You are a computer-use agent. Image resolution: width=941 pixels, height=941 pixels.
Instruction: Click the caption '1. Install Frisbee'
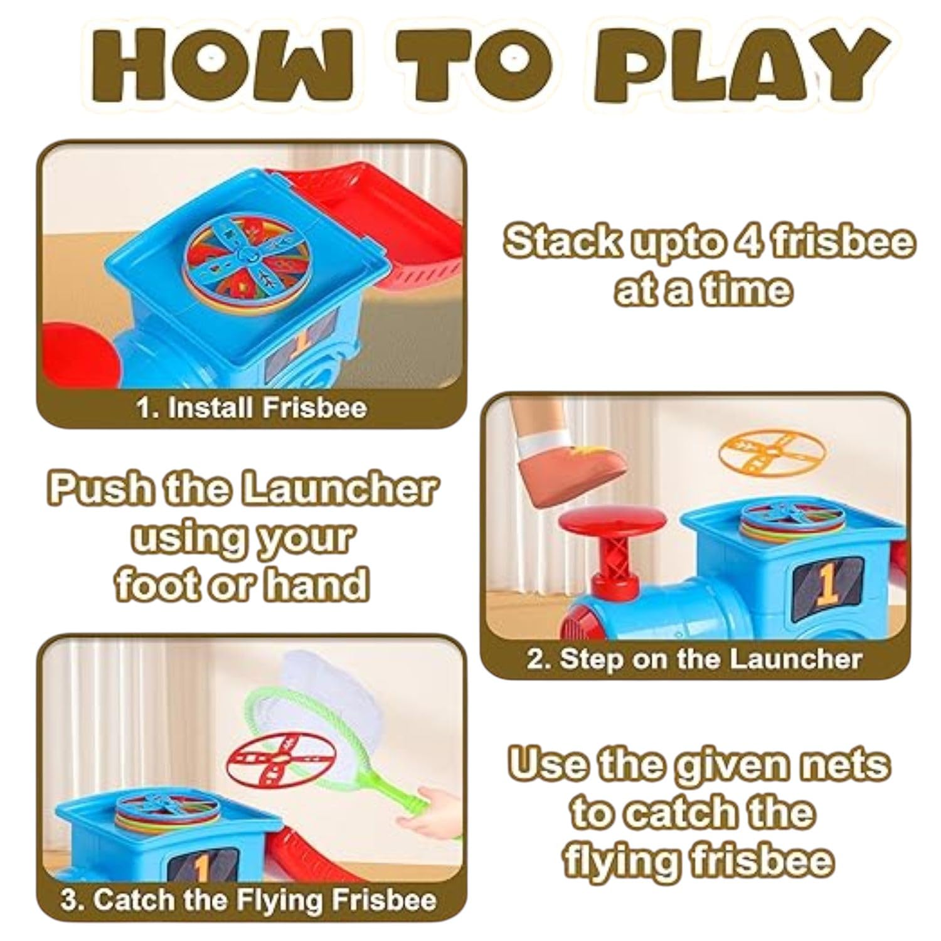coord(252,408)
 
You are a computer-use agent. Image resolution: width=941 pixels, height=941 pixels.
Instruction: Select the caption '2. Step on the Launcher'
coord(694,659)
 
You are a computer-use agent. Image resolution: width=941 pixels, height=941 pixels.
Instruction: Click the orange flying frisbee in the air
coord(772,452)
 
